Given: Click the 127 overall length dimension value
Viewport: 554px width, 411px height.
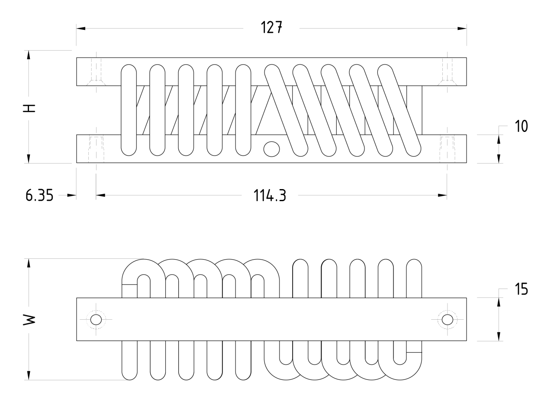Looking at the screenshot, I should (x=271, y=28).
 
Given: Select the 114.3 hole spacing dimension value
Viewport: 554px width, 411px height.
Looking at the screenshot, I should (x=270, y=196).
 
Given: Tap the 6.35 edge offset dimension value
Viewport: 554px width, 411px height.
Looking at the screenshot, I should (x=39, y=196).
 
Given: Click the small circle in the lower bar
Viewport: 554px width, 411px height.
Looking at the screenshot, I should (x=271, y=148).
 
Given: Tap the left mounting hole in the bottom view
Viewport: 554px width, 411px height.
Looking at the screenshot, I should (x=96, y=320).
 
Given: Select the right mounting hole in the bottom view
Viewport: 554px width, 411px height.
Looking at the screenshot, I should (x=448, y=320).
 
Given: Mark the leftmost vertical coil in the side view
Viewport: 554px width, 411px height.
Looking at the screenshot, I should (x=129, y=110).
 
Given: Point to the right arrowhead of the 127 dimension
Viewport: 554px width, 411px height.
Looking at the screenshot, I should (x=462, y=29).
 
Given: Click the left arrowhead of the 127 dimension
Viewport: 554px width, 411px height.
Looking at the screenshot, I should (x=81, y=29).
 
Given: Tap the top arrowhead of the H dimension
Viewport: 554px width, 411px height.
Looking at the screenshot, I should (x=29, y=55).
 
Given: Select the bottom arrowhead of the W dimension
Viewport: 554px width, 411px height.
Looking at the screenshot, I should (x=29, y=375).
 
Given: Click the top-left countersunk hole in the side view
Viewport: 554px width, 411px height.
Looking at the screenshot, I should (x=96, y=72).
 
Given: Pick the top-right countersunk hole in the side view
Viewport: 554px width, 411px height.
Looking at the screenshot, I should (x=447, y=72).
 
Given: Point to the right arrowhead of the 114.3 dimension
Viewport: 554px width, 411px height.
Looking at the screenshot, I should (x=442, y=196).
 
